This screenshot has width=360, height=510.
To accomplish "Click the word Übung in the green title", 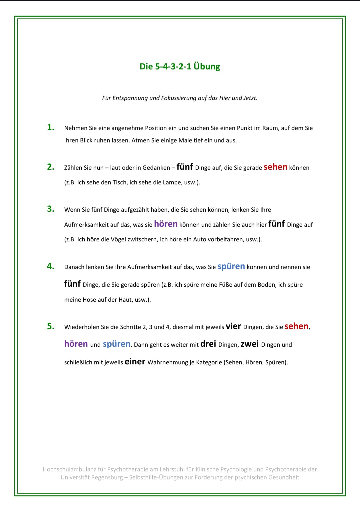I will pyautogui.click(x=207, y=66).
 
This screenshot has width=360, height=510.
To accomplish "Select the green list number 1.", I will pyautogui.click(x=50, y=127).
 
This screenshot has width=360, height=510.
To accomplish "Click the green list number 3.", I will pyautogui.click(x=50, y=209).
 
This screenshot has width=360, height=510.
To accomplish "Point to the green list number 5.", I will pyautogui.click(x=50, y=326).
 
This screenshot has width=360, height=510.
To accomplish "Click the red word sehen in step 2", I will pyautogui.click(x=275, y=167).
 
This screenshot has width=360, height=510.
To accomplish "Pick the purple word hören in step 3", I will pyautogui.click(x=166, y=224).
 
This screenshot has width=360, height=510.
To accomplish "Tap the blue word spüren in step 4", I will pyautogui.click(x=231, y=266).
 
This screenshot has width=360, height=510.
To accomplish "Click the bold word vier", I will pyautogui.click(x=233, y=326).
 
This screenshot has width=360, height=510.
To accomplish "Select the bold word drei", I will pyautogui.click(x=208, y=344).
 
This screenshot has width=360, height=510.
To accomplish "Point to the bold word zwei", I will pyautogui.click(x=250, y=344).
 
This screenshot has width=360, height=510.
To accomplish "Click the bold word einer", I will pyautogui.click(x=135, y=362).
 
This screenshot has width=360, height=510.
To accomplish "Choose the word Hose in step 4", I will pyautogui.click(x=89, y=300).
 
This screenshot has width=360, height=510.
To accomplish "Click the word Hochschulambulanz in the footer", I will pyautogui.click(x=69, y=469).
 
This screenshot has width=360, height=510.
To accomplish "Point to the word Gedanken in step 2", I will pyautogui.click(x=156, y=168).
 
